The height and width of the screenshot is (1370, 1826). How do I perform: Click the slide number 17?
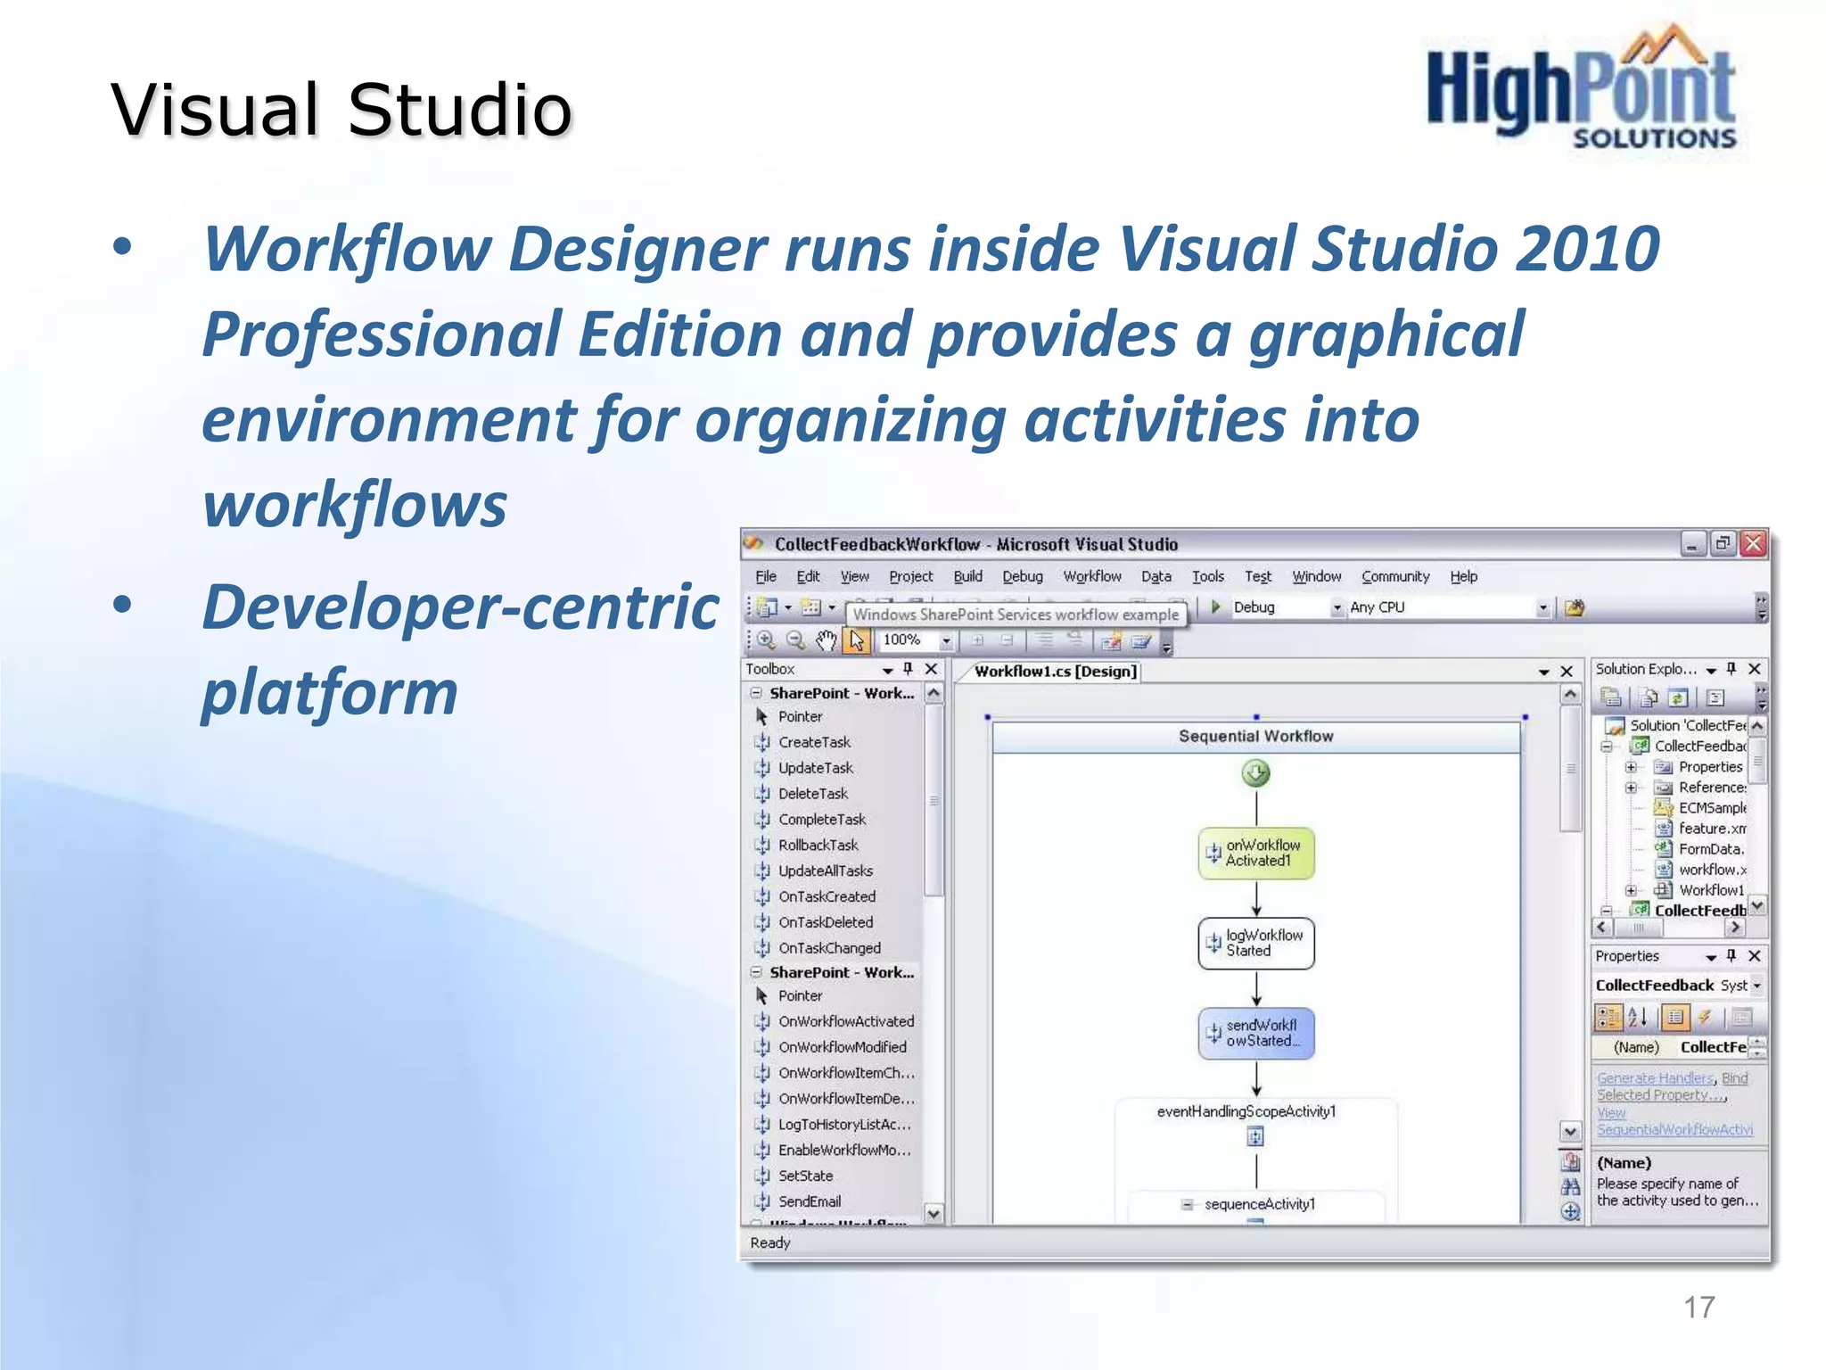pyautogui.click(x=1699, y=1307)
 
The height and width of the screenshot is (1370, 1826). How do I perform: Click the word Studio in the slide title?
pyautogui.click(x=459, y=110)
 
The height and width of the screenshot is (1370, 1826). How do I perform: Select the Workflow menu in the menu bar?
pyautogui.click(x=1091, y=576)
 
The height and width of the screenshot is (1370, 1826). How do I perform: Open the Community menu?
pyautogui.click(x=1394, y=576)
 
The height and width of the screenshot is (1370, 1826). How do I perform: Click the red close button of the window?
pyautogui.click(x=1753, y=543)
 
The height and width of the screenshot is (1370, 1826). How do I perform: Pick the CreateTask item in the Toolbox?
pyautogui.click(x=813, y=742)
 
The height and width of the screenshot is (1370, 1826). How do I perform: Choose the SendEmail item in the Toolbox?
pyautogui.click(x=809, y=1201)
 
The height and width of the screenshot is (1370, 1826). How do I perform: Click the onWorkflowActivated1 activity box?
pyautogui.click(x=1255, y=853)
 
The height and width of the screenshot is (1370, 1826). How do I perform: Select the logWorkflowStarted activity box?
pyautogui.click(x=1255, y=943)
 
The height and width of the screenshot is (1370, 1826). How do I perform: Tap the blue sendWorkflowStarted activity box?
pyautogui.click(x=1255, y=1033)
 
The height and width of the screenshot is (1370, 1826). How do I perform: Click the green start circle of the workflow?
pyautogui.click(x=1255, y=772)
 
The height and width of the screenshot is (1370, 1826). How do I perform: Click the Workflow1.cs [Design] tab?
pyautogui.click(x=1055, y=671)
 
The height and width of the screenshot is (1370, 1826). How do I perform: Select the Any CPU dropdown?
pyautogui.click(x=1444, y=607)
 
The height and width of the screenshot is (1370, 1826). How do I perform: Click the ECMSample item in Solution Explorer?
pyautogui.click(x=1711, y=807)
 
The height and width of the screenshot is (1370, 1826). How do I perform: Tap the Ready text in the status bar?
pyautogui.click(x=769, y=1242)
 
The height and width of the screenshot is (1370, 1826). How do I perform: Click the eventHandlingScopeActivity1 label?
pyautogui.click(x=1246, y=1111)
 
